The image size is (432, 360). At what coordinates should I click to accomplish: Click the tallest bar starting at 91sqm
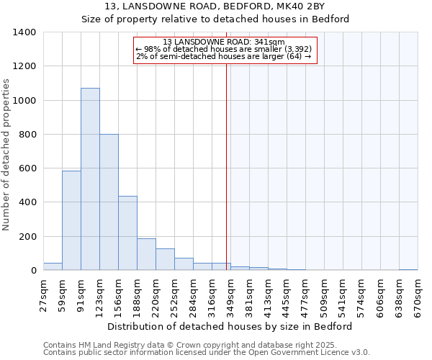coord(90,179)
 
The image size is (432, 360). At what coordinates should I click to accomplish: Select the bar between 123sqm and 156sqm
coord(109,202)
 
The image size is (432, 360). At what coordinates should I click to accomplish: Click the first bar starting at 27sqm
coord(53,266)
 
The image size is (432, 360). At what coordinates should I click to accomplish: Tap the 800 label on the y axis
coord(27,135)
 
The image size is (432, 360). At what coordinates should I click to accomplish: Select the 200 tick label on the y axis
coord(27,237)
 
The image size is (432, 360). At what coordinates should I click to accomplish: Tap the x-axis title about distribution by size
coord(230,326)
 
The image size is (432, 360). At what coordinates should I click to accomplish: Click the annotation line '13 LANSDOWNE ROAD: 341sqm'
coord(224,42)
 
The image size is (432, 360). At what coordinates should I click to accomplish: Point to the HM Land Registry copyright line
coord(205,345)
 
